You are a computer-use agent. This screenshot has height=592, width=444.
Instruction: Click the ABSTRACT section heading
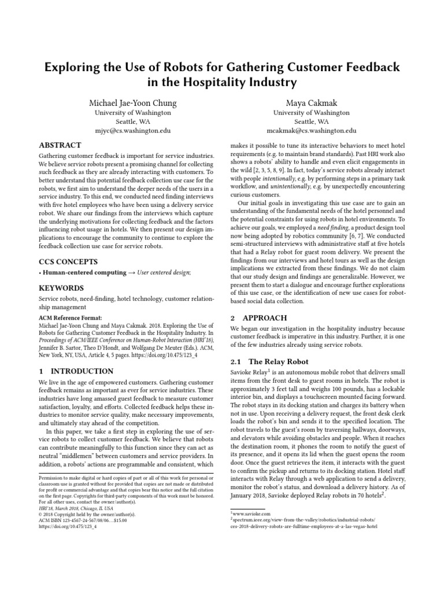pos(60,145)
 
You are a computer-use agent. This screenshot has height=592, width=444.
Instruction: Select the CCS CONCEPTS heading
pos(68,261)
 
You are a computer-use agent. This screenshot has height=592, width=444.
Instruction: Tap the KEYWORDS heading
pos(61,288)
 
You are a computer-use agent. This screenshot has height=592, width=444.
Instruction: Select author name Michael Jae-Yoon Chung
pos(132,103)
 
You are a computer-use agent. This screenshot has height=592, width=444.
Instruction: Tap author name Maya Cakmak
pos(311,103)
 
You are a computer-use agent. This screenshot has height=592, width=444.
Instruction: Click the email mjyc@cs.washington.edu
pos(132,131)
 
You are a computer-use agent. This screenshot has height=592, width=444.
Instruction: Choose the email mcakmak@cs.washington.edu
pos(311,131)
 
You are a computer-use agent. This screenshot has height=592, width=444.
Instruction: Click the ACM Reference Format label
pos(69,317)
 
